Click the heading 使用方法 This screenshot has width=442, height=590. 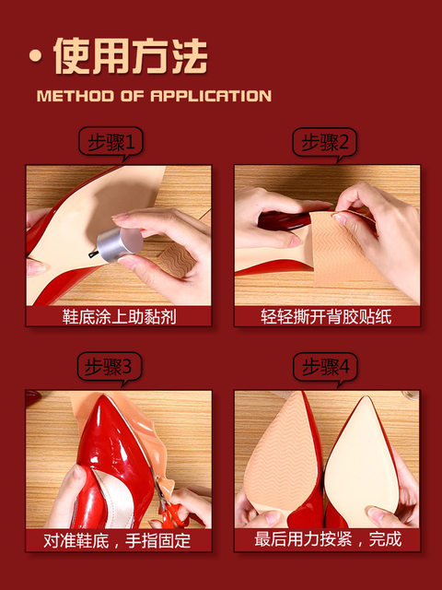tap(129, 56)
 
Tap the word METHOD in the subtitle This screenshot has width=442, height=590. tap(74, 96)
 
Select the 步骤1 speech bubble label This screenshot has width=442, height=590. tap(110, 143)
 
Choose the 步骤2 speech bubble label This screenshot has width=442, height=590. tap(324, 143)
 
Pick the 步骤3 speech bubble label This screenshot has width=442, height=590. tap(110, 368)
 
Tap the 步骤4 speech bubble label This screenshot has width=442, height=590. tap(324, 368)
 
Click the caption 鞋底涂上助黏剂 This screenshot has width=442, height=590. tap(118, 316)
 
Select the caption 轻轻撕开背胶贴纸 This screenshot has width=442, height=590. tap(326, 316)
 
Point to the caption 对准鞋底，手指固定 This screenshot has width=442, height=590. tap(118, 539)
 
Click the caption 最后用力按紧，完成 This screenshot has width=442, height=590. tap(326, 539)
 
